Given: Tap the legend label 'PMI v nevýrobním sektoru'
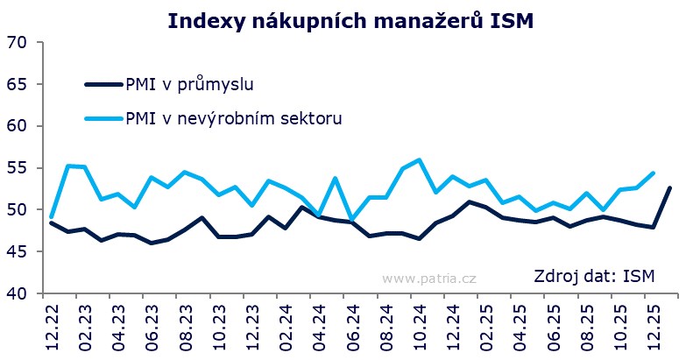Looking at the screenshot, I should [x=233, y=117].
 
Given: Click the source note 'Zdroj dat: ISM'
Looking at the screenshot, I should [x=594, y=277].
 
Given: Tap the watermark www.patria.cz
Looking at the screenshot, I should [x=428, y=278].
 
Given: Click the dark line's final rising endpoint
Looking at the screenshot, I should [x=670, y=187].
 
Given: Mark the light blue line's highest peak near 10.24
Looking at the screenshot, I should [x=420, y=160].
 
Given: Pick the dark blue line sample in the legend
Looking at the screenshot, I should [x=104, y=85].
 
